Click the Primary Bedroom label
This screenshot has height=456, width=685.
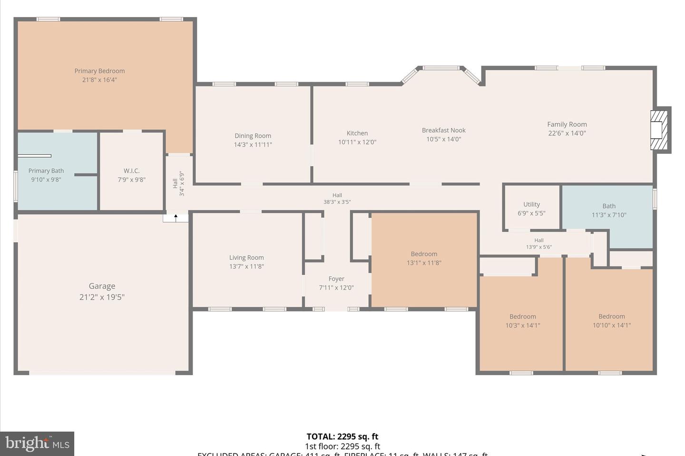(x=99, y=71)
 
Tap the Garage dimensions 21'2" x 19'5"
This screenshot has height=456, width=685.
(x=102, y=297)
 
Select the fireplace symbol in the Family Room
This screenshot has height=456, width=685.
(x=659, y=130)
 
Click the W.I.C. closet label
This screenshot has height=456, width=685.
(x=132, y=171)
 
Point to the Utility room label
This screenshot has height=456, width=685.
(x=531, y=204)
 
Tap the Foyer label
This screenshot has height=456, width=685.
(x=336, y=279)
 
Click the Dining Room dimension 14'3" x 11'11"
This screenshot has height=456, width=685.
(x=253, y=144)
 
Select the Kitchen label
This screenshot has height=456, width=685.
(x=357, y=133)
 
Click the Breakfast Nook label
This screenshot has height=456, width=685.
(x=443, y=130)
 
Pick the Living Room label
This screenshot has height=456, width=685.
(x=246, y=257)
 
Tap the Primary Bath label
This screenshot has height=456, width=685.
(x=46, y=171)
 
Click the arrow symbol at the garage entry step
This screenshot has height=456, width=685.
(x=176, y=218)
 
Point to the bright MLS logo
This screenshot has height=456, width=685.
(x=37, y=444)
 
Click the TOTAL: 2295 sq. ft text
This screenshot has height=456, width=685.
(x=342, y=437)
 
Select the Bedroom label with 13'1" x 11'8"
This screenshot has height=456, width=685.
(x=424, y=254)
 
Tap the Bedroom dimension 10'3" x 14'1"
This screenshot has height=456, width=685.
(x=522, y=325)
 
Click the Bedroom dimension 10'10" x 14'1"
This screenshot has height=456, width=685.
(x=611, y=325)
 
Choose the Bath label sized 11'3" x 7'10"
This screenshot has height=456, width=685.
(x=609, y=206)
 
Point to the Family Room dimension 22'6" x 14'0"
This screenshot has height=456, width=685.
(x=567, y=133)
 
